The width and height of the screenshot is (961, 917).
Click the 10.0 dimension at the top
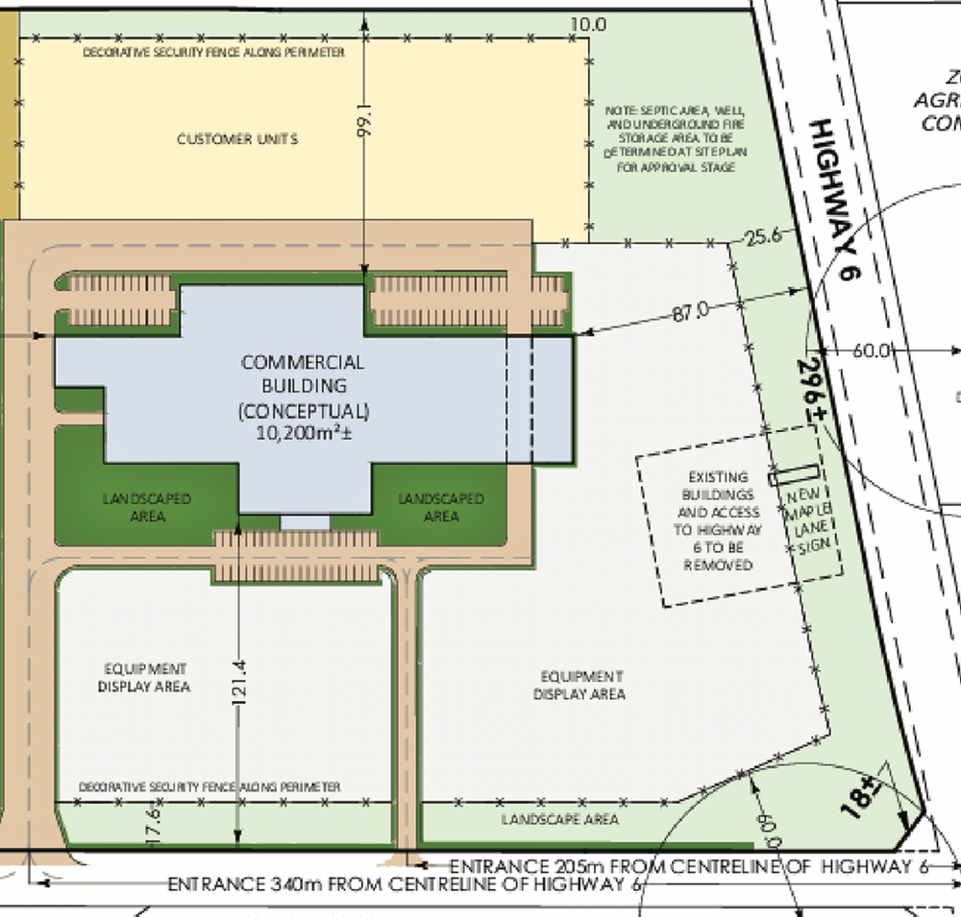pos(588,24)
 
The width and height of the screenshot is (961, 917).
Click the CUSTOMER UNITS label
pos(237,139)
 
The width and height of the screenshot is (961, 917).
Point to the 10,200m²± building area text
pos(303,432)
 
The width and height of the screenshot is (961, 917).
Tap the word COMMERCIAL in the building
pos(303,363)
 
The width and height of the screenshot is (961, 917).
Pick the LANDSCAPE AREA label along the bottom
pos(560,820)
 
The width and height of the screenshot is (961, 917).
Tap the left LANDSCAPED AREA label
pos(147,507)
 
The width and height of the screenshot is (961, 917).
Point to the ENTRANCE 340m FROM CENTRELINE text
pos(404,884)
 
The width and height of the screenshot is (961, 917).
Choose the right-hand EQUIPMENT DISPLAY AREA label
pos(579,685)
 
